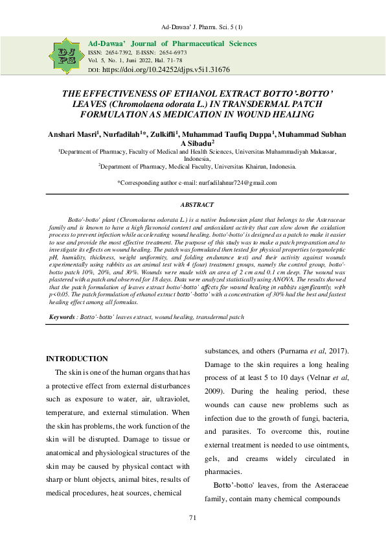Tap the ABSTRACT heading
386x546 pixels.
click(192, 204)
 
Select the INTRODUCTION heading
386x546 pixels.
click(77, 359)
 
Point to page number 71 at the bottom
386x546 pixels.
click(192, 517)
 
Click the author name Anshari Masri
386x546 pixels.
click(71, 134)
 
